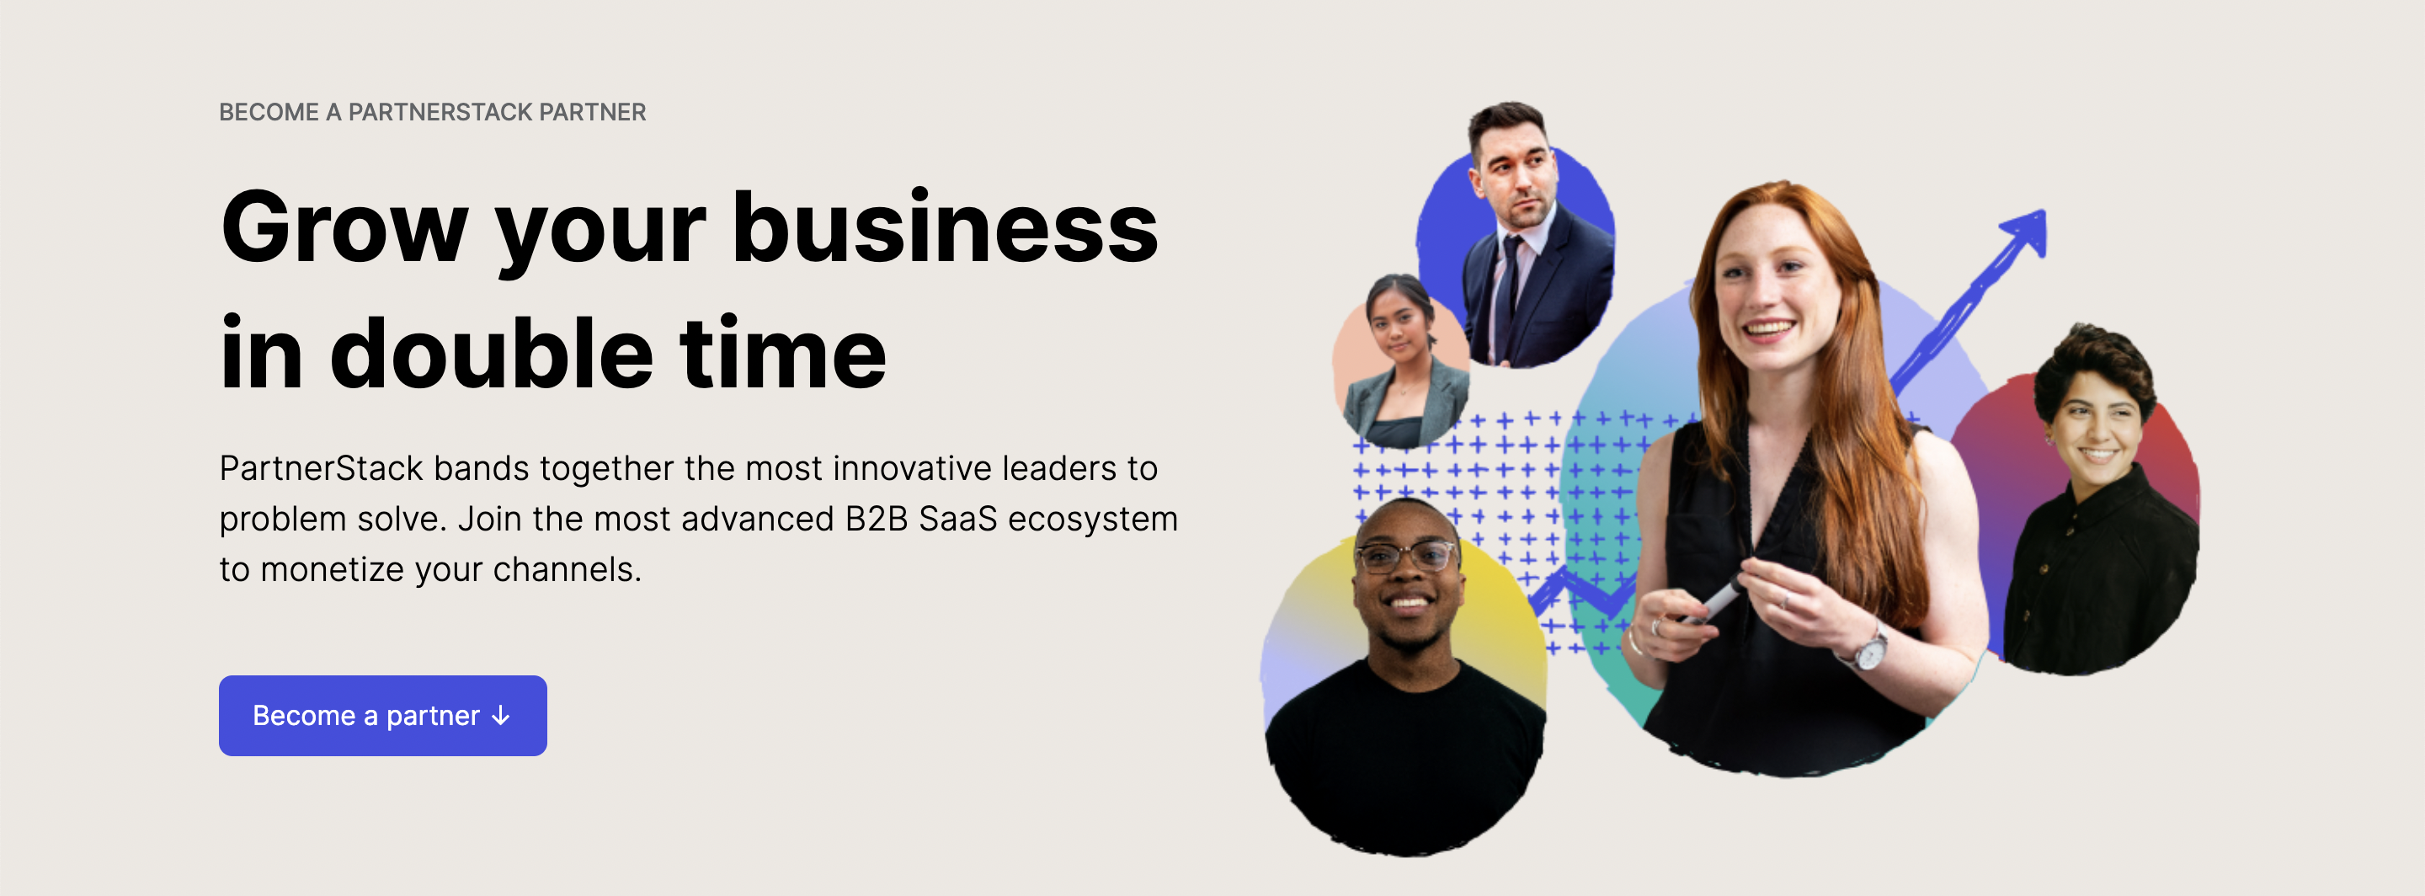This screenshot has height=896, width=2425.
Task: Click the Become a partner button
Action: coord(382,715)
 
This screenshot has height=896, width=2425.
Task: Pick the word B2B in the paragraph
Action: coord(877,519)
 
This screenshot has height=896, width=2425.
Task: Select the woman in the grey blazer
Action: coord(1402,361)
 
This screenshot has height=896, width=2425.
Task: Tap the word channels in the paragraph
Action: coord(567,569)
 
